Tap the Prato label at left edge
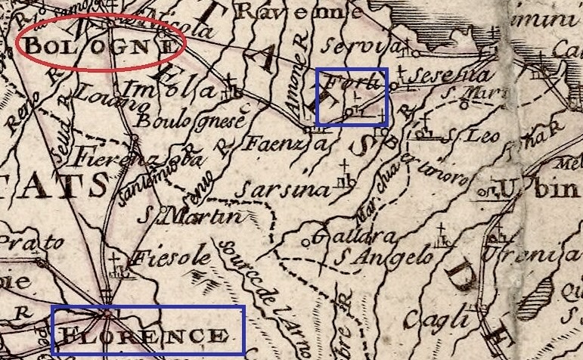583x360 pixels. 23,243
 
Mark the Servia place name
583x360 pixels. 349,46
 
